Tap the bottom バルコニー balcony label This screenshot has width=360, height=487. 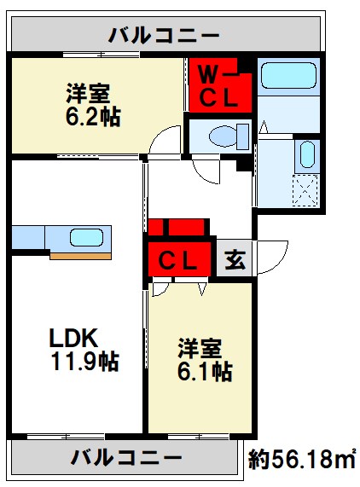point(125,458)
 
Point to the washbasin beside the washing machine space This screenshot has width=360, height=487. point(308,155)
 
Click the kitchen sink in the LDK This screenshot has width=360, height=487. point(86,237)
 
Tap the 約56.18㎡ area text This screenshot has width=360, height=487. point(302,460)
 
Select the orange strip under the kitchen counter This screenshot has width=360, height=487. point(80,254)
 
